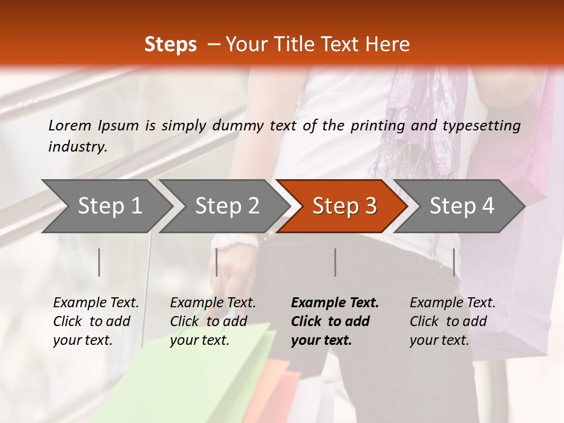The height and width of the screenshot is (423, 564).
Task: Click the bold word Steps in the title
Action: click(170, 45)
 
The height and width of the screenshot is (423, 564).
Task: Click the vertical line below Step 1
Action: click(99, 262)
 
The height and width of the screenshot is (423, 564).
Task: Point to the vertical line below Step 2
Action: click(217, 262)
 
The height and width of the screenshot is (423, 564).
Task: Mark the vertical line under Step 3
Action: click(335, 262)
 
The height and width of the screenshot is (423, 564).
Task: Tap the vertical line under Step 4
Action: click(454, 262)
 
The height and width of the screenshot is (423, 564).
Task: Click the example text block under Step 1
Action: click(96, 321)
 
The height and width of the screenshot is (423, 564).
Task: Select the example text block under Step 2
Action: click(213, 321)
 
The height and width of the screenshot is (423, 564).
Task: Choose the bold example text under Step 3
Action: click(335, 321)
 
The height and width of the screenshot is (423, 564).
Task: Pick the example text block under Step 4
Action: click(452, 321)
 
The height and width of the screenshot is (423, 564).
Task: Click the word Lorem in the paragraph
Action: click(70, 125)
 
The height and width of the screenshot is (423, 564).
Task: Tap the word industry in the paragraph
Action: click(77, 147)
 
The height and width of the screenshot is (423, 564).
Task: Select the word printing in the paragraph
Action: click(379, 125)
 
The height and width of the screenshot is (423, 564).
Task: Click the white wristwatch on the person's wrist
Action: click(235, 242)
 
